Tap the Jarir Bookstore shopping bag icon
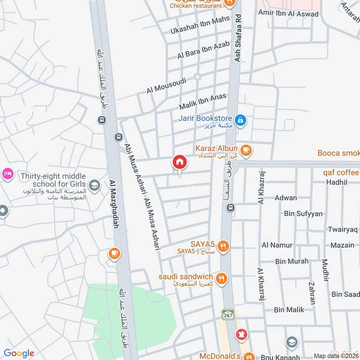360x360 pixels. [x=241, y=119]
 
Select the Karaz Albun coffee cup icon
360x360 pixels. [x=246, y=150]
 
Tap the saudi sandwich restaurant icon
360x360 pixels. [x=220, y=279]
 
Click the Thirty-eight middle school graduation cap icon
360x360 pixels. [x=94, y=184]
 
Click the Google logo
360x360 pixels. [x=19, y=353]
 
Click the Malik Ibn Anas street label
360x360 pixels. [x=202, y=102]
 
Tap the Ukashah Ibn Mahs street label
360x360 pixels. [x=200, y=25]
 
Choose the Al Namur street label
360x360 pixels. [x=277, y=245]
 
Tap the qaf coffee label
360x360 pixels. [x=341, y=172]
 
